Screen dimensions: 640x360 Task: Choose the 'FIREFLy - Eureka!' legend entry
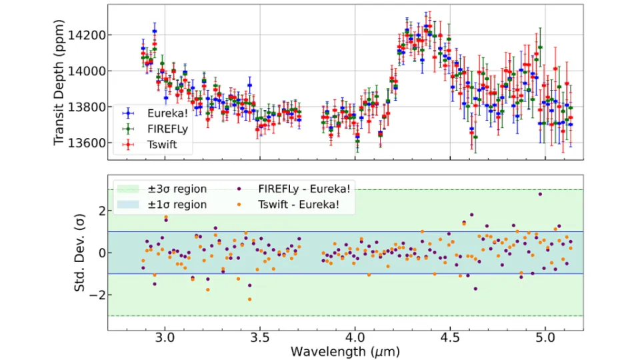click(x=293, y=189)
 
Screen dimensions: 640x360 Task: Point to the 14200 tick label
click(x=87, y=35)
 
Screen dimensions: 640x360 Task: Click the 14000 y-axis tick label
click(x=87, y=71)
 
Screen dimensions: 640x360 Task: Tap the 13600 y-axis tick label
click(x=87, y=143)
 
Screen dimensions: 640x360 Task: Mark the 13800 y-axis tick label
click(x=87, y=107)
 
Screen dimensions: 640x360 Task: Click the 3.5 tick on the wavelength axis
click(x=260, y=338)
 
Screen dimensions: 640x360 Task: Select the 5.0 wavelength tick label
click(x=545, y=338)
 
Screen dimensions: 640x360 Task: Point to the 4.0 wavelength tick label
click(x=355, y=338)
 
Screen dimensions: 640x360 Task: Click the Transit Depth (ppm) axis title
click(x=59, y=82)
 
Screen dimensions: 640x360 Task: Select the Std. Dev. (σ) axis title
click(x=79, y=253)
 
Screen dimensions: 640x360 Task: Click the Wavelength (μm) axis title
click(x=345, y=351)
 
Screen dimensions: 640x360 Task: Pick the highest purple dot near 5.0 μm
click(x=540, y=194)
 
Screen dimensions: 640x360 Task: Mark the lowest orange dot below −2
click(x=250, y=299)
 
